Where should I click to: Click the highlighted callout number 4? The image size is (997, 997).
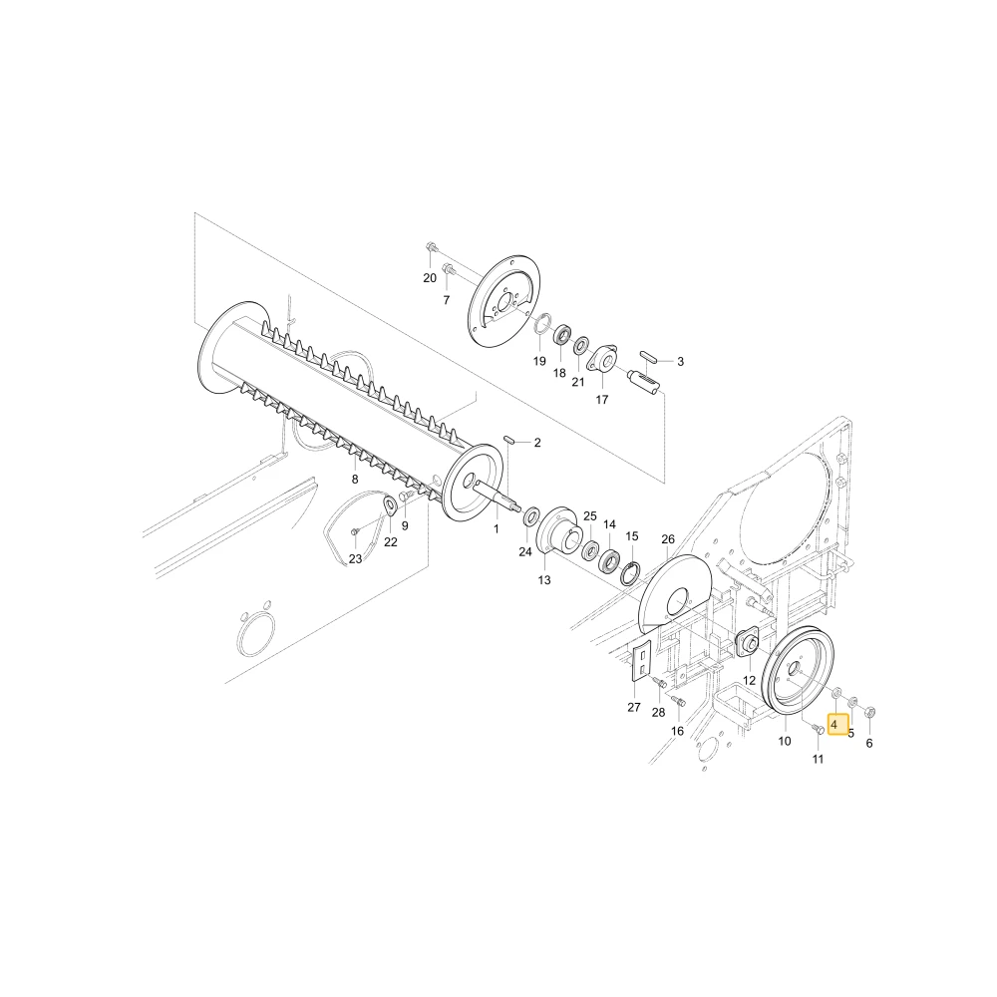(x=833, y=725)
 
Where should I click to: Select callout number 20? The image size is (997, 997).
(x=430, y=278)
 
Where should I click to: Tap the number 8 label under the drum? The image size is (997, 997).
(x=355, y=479)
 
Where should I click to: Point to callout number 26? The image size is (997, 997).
(x=668, y=539)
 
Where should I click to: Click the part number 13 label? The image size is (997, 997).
(x=544, y=580)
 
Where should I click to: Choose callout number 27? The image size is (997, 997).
(x=634, y=707)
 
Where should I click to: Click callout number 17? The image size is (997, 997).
(x=601, y=400)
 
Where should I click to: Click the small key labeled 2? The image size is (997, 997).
(x=509, y=439)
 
